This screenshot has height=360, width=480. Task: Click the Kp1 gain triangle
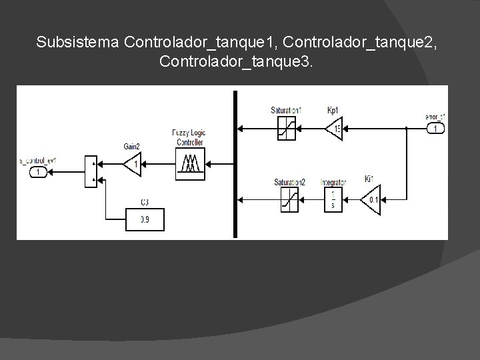click(x=333, y=128)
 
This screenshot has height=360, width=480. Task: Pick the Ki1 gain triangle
click(x=370, y=199)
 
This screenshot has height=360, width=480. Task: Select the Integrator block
click(x=331, y=199)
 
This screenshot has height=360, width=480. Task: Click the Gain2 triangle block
click(x=133, y=163)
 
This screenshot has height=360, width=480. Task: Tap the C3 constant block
click(x=145, y=219)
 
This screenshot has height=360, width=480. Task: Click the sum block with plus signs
click(x=92, y=171)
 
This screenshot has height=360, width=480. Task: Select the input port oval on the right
click(x=436, y=128)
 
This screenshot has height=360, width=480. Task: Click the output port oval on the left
click(x=39, y=172)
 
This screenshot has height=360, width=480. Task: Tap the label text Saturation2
click(x=290, y=182)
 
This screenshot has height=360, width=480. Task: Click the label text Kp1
click(x=333, y=110)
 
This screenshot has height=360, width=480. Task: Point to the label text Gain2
click(x=132, y=146)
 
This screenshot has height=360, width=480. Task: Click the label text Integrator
click(x=333, y=182)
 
